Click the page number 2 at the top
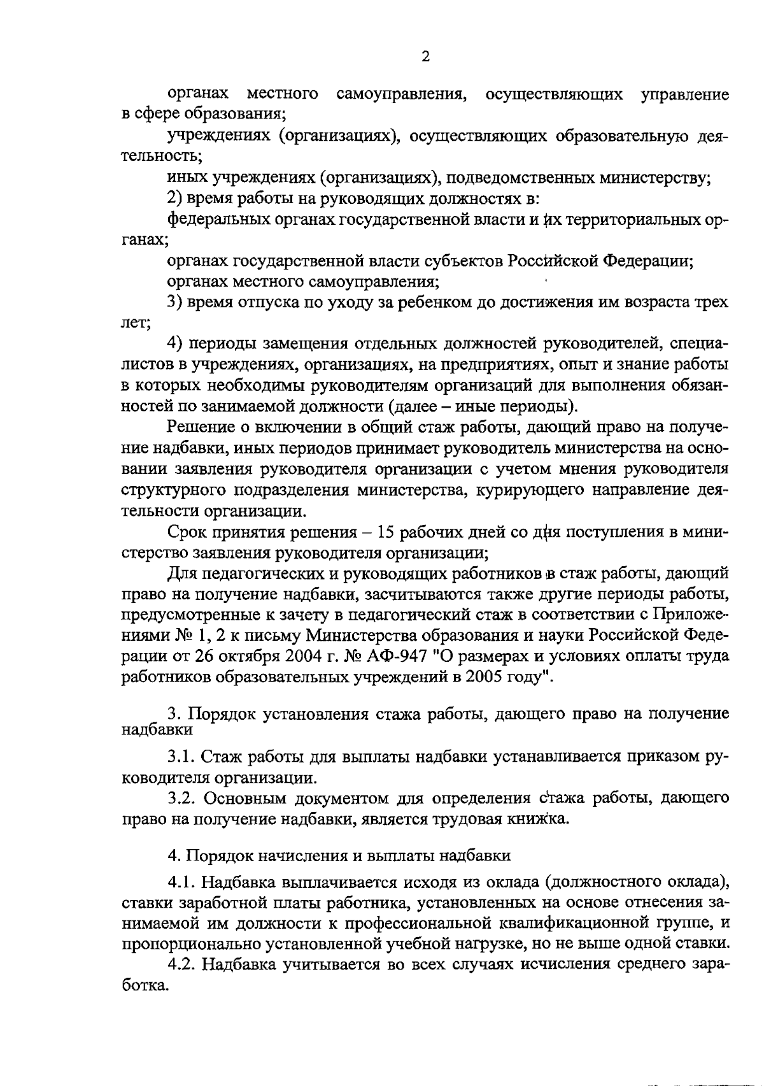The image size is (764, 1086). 425,57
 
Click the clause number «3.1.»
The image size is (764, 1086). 181,756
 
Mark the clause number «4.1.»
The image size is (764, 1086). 181,882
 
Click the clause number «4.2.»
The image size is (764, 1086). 181,964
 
